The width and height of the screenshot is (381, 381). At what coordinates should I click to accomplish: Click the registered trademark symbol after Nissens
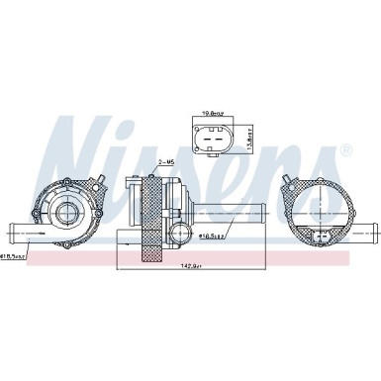(x=345, y=150)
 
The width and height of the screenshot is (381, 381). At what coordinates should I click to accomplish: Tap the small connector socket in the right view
(x=324, y=238)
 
